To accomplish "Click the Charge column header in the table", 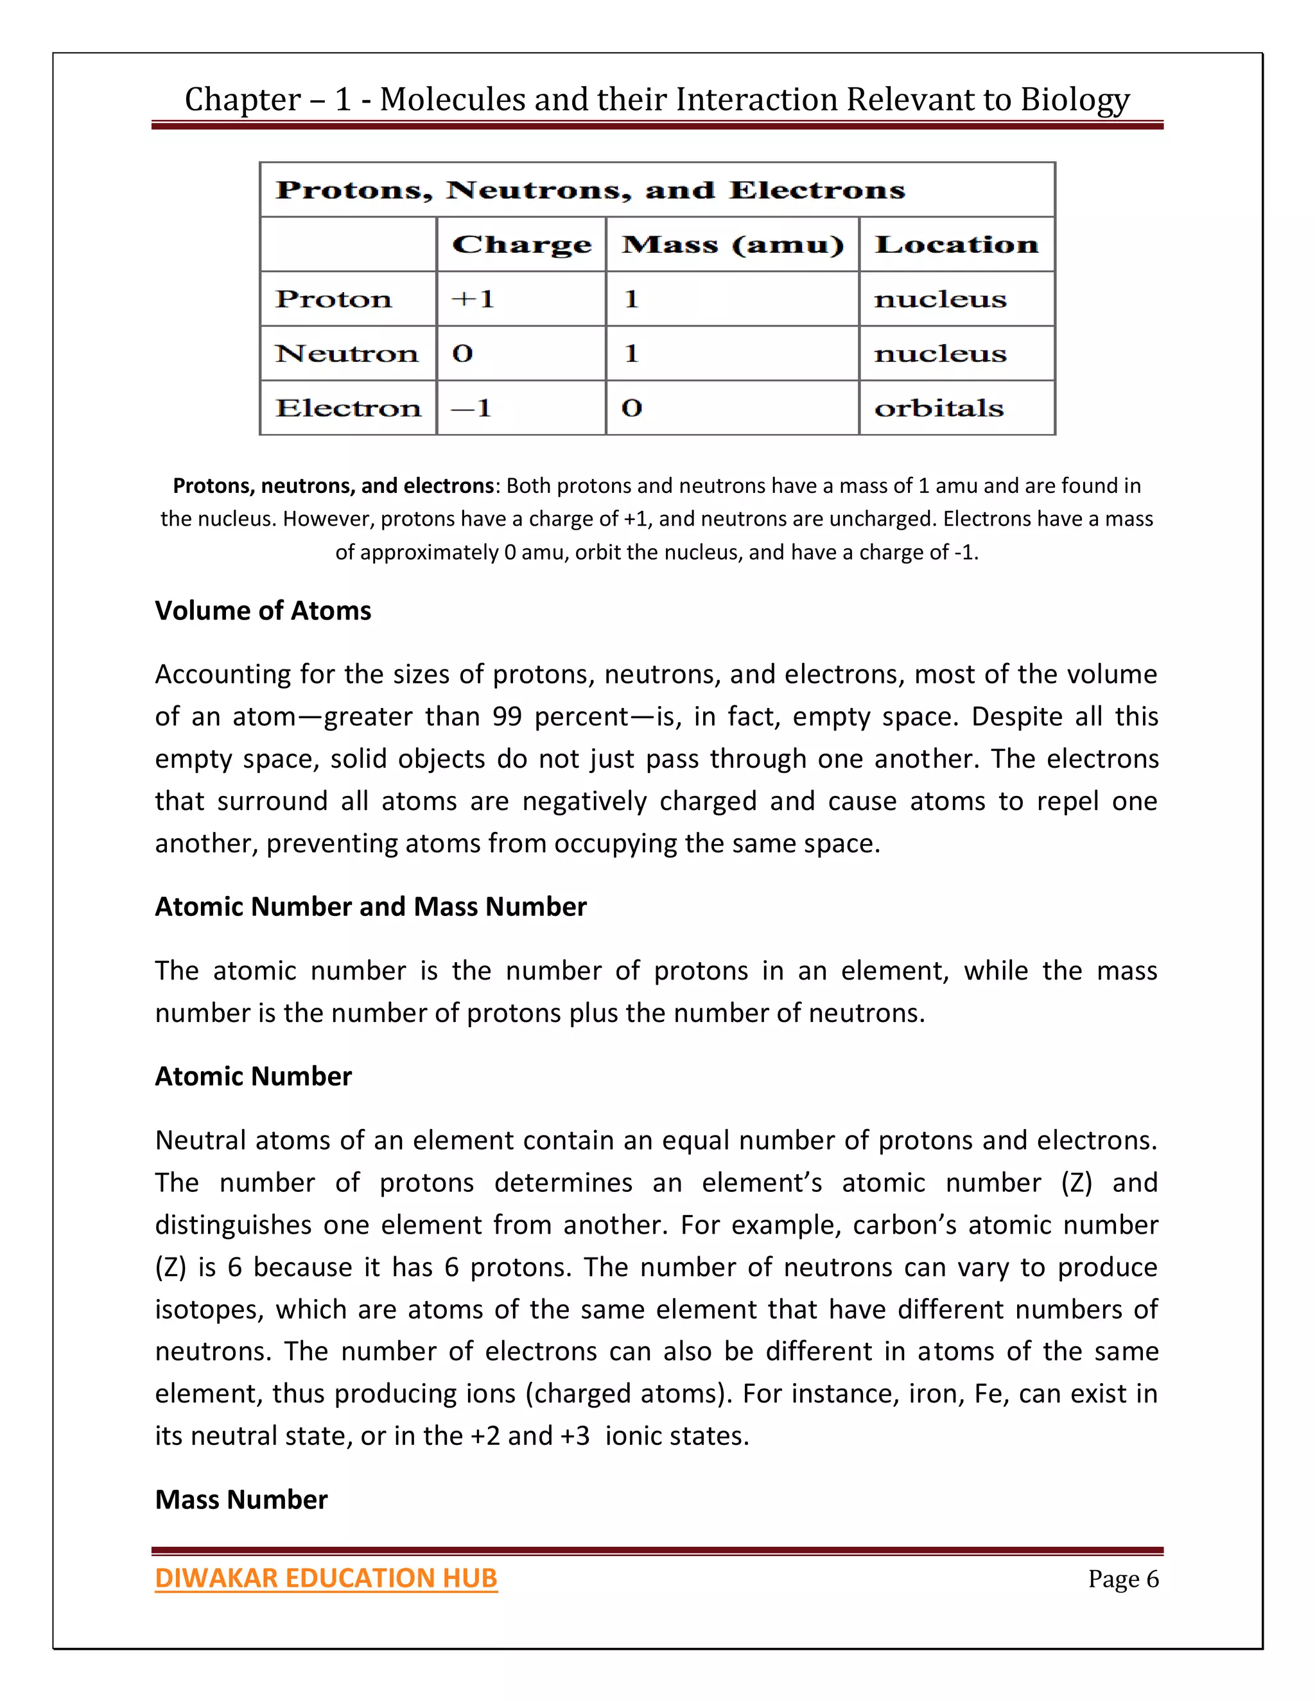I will pos(521,245).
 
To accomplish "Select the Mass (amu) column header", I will pos(732,245).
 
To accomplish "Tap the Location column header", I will pos(956,245).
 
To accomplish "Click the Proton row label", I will pos(333,299).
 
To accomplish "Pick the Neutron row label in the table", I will pos(347,354).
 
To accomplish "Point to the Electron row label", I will pos(347,408).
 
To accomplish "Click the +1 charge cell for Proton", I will pos(473,299).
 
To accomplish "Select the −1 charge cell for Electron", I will pos(471,408).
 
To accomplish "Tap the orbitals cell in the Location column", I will pos(939,408).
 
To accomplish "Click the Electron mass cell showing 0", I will pos(632,408).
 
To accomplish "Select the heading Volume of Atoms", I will pos(263,610).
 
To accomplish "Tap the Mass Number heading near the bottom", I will pos(241,1499).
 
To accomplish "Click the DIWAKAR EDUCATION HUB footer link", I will pos(326,1578).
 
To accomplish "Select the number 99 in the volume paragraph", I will pos(507,716).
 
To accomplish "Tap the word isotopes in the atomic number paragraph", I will pos(207,1309).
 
